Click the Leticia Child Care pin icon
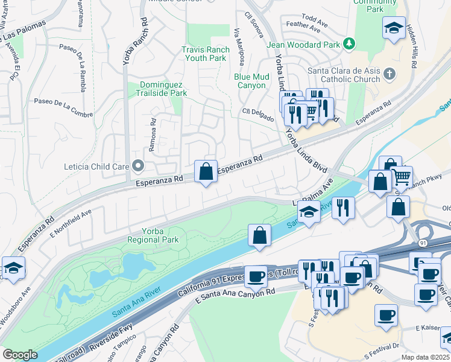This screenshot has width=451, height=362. (138, 165)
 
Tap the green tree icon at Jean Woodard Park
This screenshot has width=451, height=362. (348, 43)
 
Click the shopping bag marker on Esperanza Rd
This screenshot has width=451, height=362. (206, 171)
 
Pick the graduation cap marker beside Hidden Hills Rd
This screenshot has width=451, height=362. (394, 28)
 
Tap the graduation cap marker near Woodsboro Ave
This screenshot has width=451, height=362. (13, 268)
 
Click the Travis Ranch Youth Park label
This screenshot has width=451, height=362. (204, 54)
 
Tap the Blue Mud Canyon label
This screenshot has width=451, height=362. (251, 81)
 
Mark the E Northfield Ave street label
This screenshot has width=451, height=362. (71, 221)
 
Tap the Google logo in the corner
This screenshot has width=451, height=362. (20, 355)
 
